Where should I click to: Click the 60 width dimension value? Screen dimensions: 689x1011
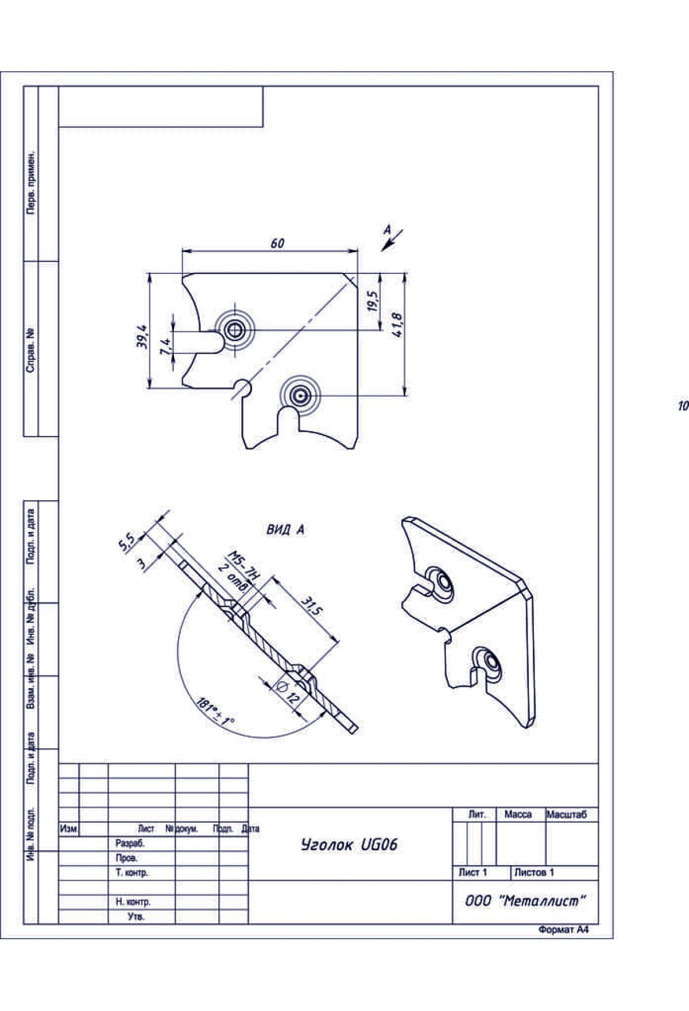click(x=277, y=244)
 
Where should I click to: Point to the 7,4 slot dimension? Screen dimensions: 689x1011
click(x=165, y=346)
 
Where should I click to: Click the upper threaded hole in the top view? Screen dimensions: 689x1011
click(x=234, y=330)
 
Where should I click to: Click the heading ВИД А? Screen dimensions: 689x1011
click(x=285, y=530)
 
